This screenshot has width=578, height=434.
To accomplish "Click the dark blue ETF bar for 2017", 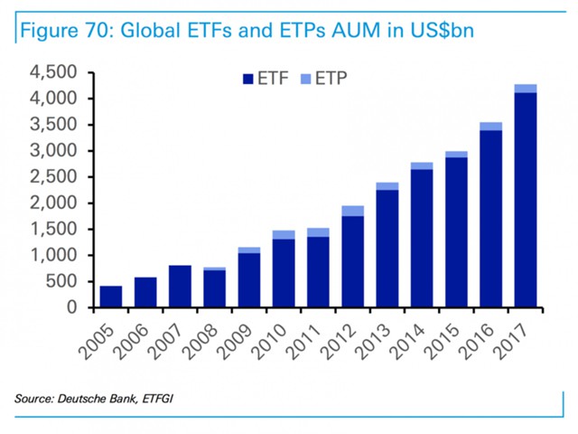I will coord(526,200).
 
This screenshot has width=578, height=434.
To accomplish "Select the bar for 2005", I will coord(111,297).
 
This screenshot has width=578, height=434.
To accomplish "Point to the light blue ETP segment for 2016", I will coord(491,127).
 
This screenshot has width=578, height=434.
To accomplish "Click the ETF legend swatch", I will coord(247,79).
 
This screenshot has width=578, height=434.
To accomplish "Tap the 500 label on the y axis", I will coord(70,281).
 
